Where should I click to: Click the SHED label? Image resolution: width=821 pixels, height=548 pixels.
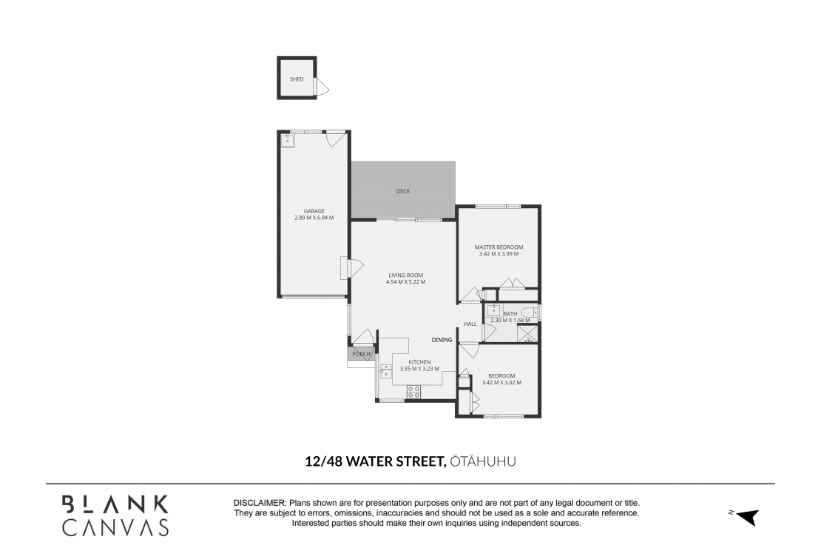click(297, 79)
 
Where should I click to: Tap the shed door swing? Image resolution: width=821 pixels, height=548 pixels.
click(322, 87)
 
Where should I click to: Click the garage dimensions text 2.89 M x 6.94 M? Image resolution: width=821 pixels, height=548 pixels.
click(314, 218)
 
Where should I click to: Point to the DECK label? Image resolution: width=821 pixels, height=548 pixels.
click(402, 191)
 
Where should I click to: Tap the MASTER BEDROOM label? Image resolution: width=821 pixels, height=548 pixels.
click(499, 247)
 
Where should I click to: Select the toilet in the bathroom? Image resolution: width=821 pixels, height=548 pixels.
click(530, 313)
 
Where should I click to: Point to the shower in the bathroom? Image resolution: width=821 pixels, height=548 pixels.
click(528, 334)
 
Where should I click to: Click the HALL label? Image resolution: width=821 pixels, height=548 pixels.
click(470, 324)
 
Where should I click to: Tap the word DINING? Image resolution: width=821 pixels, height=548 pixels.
click(442, 340)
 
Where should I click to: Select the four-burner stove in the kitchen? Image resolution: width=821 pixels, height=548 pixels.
click(413, 392)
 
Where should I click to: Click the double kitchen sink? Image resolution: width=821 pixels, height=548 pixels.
click(385, 371)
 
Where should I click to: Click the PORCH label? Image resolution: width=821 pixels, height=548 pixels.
click(361, 354)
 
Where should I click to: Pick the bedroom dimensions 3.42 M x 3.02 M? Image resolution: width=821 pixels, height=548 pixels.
click(501, 383)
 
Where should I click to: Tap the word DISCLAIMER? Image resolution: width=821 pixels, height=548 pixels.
click(260, 502)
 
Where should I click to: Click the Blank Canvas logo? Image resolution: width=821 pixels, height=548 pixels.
click(115, 515)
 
